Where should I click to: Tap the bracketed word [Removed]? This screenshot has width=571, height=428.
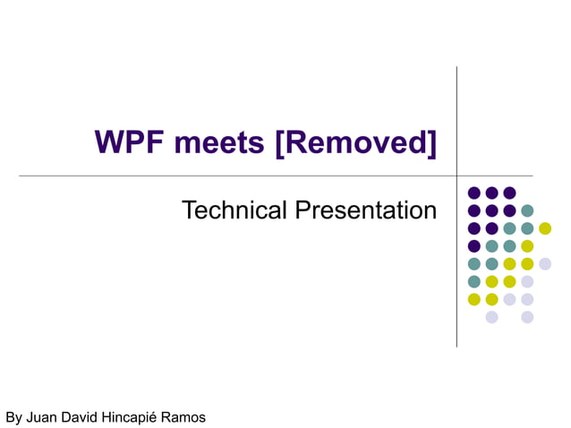tap(356, 142)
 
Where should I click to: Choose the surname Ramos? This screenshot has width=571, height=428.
tap(185, 417)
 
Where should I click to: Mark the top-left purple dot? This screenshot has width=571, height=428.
tap(473, 193)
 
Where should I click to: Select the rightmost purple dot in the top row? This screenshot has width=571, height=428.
tap(509, 193)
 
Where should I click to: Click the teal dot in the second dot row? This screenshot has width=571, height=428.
tap(527, 210)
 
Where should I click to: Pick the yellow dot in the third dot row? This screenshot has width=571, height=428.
tap(545, 228)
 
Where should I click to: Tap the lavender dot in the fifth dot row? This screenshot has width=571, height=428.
tap(545, 263)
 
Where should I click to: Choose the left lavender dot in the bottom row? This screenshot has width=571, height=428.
tap(491, 317)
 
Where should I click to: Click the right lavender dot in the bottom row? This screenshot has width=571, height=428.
tap(527, 317)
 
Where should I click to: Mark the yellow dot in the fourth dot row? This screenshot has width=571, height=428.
tap(527, 246)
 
